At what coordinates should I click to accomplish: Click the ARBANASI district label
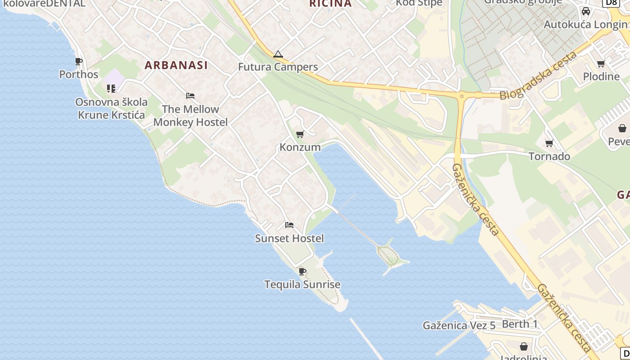tap(176, 65)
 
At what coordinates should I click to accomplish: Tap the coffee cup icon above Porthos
tap(79, 61)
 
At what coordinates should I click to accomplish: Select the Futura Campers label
tap(278, 67)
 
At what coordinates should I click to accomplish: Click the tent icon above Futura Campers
tap(278, 55)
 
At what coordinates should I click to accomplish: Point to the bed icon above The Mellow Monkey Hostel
tap(190, 96)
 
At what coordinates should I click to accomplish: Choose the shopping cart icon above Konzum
tap(300, 134)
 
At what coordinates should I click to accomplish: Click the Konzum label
tap(300, 147)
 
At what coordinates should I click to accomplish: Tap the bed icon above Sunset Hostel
tap(289, 225)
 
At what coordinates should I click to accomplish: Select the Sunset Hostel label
tap(289, 238)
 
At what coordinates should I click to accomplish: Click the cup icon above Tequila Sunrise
tap(302, 271)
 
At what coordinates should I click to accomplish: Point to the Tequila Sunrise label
tap(302, 285)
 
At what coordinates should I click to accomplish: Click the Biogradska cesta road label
tap(539, 76)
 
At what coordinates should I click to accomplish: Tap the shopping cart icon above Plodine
tap(601, 63)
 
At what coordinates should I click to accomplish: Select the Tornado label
tap(549, 157)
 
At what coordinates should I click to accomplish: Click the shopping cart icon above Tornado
tap(549, 144)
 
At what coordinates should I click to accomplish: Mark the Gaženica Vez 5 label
tap(459, 325)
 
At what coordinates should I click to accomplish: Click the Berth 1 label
tap(520, 324)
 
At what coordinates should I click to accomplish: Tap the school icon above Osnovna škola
tap(111, 89)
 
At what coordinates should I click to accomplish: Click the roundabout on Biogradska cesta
tap(461, 95)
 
